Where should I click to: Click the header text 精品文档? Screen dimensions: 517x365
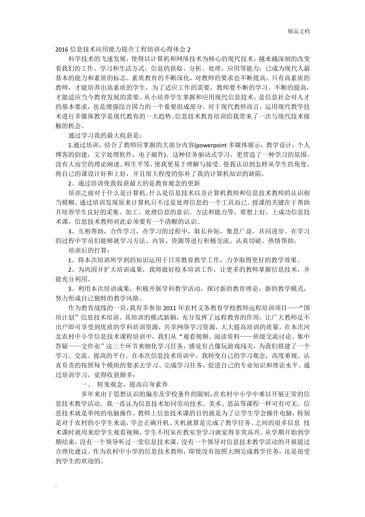(299, 32)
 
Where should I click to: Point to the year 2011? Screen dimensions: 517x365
(170, 308)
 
